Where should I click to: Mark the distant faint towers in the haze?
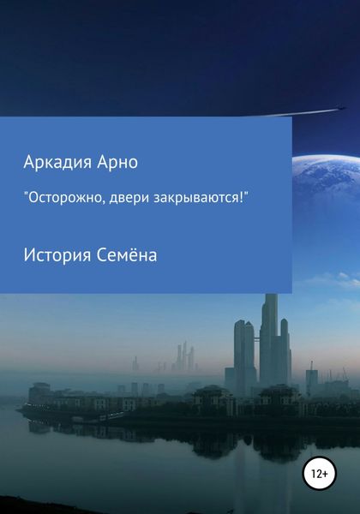click(x=183, y=357)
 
